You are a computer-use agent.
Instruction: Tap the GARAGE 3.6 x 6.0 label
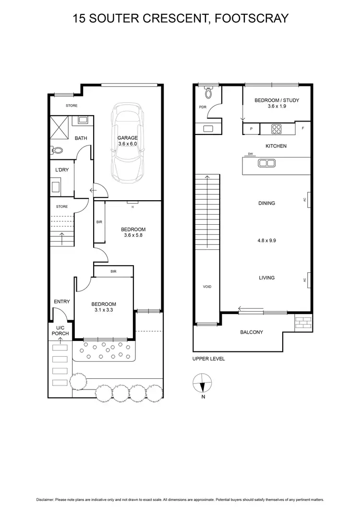click(128, 141)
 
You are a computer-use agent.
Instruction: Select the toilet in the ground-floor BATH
click(57, 150)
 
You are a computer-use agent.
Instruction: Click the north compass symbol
click(202, 384)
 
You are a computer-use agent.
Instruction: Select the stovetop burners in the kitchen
click(277, 129)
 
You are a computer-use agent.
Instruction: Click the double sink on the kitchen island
click(266, 163)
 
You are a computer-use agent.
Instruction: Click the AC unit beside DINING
click(308, 200)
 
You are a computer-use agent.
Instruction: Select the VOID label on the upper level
click(207, 287)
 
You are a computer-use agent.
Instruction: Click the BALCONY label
click(252, 332)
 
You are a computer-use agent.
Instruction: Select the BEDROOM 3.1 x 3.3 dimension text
click(104, 310)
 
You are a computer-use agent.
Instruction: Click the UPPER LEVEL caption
click(208, 359)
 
